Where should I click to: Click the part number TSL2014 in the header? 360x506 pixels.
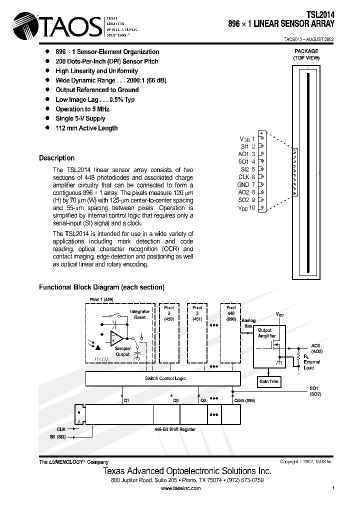tap(320, 15)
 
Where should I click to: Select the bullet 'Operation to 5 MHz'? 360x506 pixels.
tap(82, 109)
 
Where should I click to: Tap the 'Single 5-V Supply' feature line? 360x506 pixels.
tap(80, 118)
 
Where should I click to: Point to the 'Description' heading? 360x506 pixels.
tap(56, 158)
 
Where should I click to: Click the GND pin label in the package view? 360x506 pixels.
tap(243, 184)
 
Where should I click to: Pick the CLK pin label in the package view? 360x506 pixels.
tap(243, 177)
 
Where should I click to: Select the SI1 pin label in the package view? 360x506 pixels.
tap(244, 146)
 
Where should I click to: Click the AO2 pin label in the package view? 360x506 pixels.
tap(243, 192)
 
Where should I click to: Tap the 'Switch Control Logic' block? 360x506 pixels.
tap(165, 378)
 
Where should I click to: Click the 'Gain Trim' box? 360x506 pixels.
tap(269, 382)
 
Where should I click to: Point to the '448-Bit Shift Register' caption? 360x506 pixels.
tap(174, 429)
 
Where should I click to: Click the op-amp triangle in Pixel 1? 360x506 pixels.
tap(117, 339)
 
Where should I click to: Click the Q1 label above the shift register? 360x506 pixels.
tap(126, 400)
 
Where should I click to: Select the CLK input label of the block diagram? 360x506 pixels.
tap(61, 429)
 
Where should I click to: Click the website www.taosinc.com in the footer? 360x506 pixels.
tap(180, 488)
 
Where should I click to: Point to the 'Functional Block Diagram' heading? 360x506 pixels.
tap(101, 287)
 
